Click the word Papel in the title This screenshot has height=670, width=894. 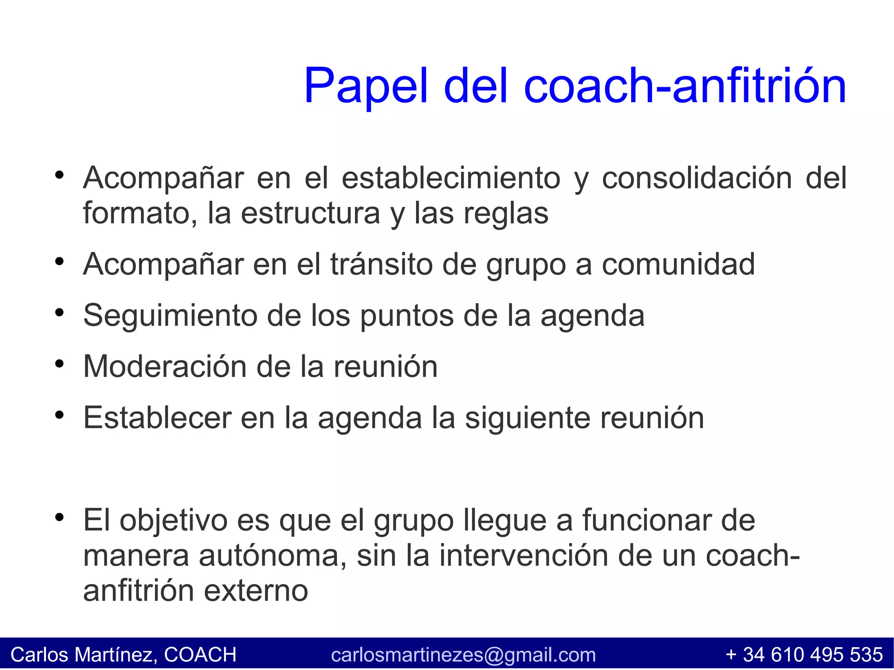coord(366,86)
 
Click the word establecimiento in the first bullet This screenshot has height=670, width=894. coord(451,178)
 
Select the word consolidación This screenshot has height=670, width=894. coord(697,178)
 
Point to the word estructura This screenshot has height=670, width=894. coord(310,213)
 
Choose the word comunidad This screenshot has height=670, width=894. coord(678,264)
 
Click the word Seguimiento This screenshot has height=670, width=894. coord(170,316)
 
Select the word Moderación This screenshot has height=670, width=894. coord(165,367)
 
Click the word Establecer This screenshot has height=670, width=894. coord(157,418)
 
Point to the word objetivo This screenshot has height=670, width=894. coord(173,520)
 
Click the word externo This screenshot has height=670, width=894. coord(256,591)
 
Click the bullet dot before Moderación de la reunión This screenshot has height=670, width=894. coord(60,364)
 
